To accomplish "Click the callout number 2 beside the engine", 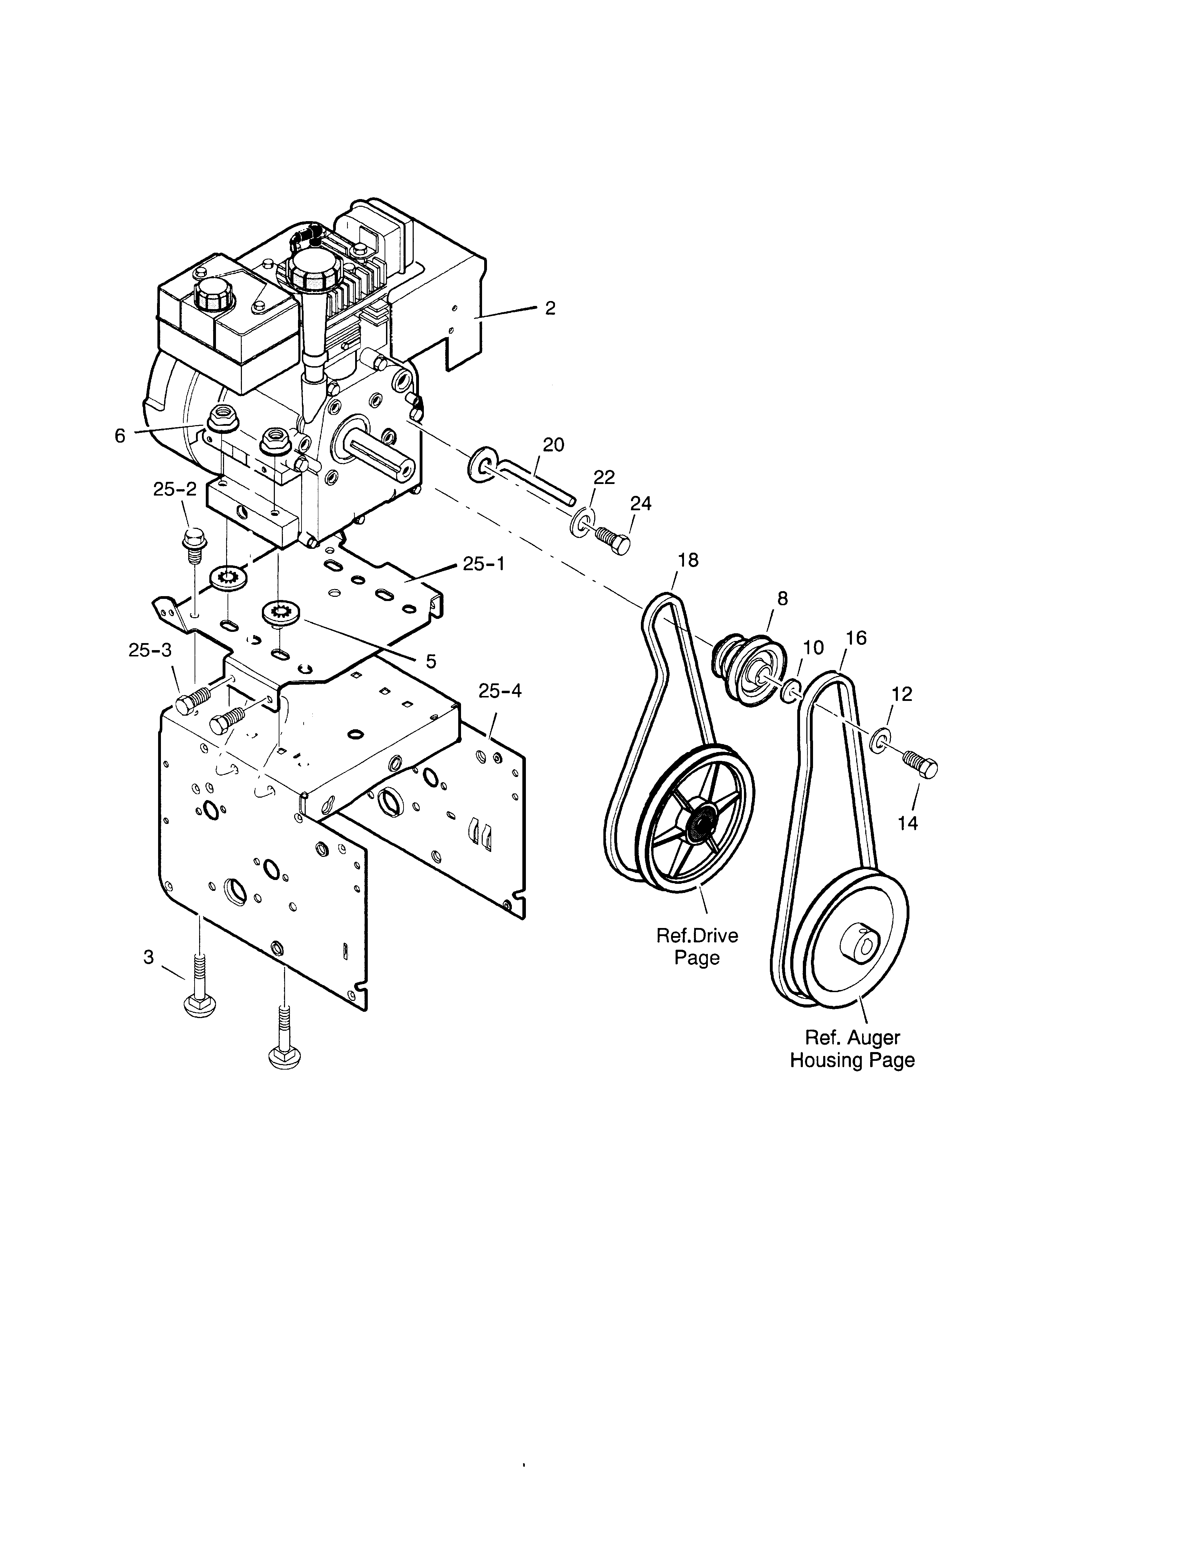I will click(550, 308).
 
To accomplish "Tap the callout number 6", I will click(120, 436).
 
